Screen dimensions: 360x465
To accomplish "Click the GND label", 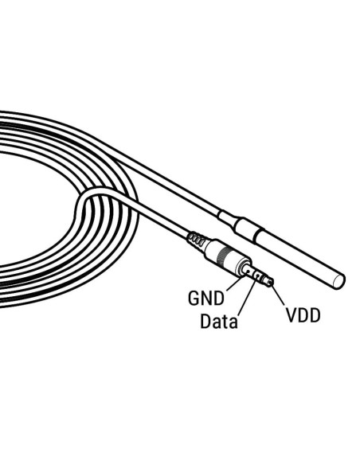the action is click(x=206, y=298).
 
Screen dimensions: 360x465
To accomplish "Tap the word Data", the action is click(x=219, y=321).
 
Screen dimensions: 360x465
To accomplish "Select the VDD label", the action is click(x=303, y=315).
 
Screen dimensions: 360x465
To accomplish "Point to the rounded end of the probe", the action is click(x=339, y=281).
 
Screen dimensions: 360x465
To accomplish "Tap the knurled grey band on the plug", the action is click(x=223, y=255).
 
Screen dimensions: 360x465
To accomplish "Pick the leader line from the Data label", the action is click(x=247, y=296).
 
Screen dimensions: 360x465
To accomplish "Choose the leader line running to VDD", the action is click(x=277, y=295).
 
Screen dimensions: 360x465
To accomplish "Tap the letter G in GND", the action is click(x=193, y=298).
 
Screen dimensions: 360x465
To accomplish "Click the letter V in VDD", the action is click(x=292, y=315).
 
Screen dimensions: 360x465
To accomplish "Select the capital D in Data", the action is click(x=205, y=321).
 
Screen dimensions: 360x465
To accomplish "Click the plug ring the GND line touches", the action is click(x=245, y=269).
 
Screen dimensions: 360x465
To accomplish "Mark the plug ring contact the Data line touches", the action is click(x=257, y=276).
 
